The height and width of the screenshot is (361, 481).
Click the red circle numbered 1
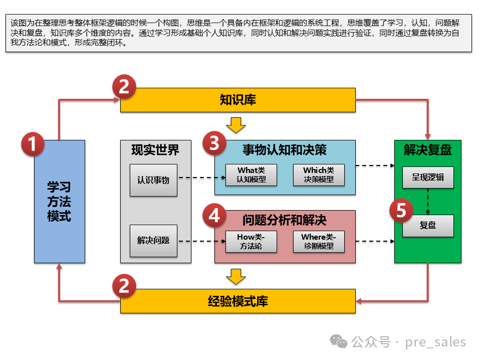[33, 145]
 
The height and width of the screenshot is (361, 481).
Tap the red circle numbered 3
[214, 144]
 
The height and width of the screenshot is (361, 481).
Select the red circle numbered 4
[214, 216]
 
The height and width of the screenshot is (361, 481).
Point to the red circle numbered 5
[401, 211]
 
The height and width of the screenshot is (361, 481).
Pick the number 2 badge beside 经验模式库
[124, 286]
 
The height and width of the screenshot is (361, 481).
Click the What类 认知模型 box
[251, 175]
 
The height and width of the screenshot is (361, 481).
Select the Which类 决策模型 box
[319, 175]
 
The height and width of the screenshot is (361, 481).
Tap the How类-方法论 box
[251, 241]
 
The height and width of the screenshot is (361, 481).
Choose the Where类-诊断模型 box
[319, 241]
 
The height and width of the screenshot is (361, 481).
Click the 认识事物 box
[153, 180]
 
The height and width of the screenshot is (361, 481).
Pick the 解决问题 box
[153, 241]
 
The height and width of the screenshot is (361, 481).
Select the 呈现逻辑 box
[428, 177]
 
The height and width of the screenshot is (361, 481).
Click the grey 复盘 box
[428, 226]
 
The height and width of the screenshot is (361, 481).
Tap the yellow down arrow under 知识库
[235, 125]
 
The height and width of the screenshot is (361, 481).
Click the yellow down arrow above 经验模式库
[235, 276]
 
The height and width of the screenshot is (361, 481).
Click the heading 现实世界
[155, 150]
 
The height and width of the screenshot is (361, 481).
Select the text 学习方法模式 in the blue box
[59, 202]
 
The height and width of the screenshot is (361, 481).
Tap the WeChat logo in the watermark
[341, 342]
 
